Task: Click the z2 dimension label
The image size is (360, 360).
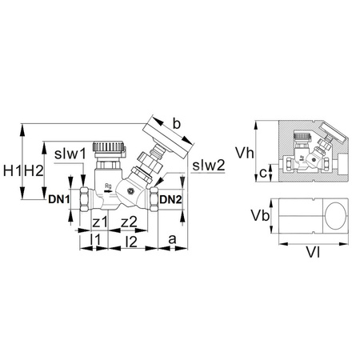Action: [x=129, y=222]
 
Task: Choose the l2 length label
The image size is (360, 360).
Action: [x=131, y=239]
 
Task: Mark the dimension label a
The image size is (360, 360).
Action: [x=173, y=238]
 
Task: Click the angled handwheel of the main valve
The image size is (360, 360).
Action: [x=166, y=142]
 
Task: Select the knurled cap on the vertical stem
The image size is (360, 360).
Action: [x=107, y=150]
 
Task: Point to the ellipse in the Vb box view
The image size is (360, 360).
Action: [x=335, y=217]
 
